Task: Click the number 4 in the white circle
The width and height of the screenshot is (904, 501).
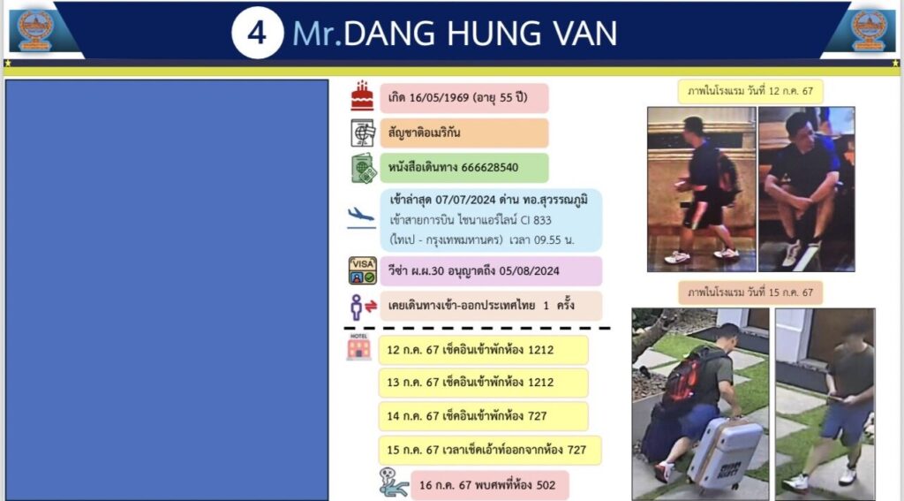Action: [257, 34]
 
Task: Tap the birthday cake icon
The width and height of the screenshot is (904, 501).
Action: [362, 95]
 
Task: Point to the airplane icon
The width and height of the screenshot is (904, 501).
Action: [361, 217]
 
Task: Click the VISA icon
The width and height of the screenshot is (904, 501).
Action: [363, 270]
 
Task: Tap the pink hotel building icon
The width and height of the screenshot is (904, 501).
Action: [358, 346]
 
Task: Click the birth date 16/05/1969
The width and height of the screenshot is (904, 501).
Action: [439, 97]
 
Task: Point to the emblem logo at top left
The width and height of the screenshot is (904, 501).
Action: [34, 30]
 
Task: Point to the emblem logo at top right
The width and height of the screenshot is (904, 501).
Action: [869, 30]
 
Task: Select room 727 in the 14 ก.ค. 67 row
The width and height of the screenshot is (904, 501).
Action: [537, 415]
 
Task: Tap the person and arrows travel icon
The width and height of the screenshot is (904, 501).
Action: [363, 307]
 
